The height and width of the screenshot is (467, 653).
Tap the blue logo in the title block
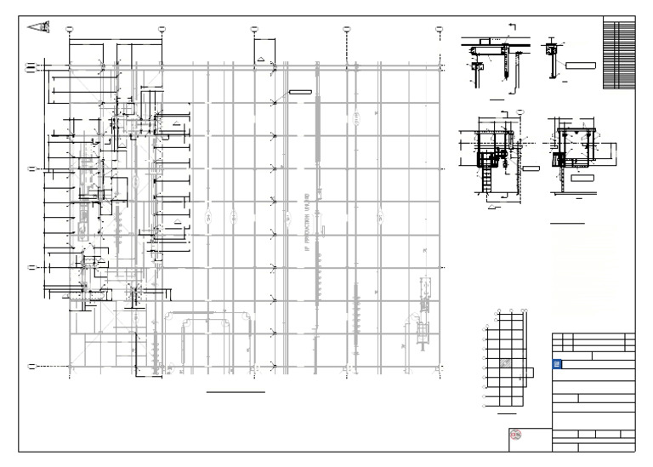(x=558, y=363)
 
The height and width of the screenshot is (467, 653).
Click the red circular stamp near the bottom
(x=514, y=435)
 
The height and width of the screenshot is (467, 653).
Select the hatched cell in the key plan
(x=505, y=363)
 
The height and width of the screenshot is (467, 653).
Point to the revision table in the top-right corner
(x=618, y=54)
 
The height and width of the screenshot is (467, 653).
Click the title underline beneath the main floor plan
(x=236, y=392)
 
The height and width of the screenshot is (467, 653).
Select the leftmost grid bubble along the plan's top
(x=70, y=29)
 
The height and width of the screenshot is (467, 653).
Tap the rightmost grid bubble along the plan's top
(x=439, y=29)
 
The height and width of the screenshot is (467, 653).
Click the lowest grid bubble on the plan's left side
(x=31, y=367)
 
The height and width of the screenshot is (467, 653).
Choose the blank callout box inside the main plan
(x=300, y=90)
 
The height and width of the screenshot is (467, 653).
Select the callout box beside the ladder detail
(x=531, y=169)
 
